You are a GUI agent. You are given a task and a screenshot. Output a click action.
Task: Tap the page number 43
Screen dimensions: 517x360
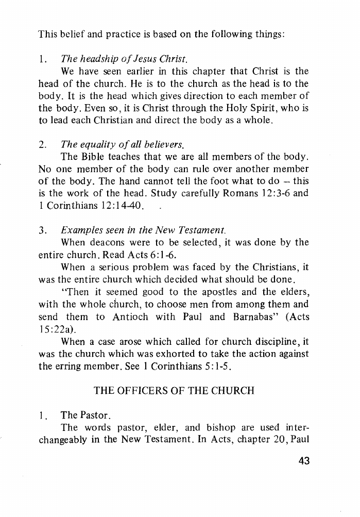point(304,460)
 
